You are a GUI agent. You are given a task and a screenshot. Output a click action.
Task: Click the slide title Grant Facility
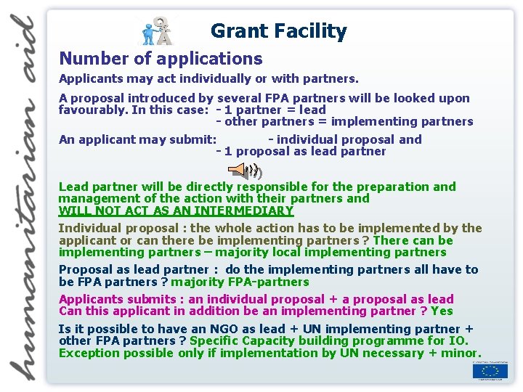click(x=278, y=31)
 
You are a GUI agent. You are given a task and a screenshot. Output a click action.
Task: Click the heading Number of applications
click(x=161, y=59)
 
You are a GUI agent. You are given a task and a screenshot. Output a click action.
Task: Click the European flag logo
click(x=490, y=371)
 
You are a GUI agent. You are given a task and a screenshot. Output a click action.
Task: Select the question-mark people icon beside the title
click(x=157, y=30)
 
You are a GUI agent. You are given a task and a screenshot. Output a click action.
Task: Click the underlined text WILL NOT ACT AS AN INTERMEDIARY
click(x=176, y=211)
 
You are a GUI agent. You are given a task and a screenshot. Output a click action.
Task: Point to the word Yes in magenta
click(x=442, y=311)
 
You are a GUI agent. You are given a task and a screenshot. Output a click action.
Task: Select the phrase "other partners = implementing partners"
click(x=349, y=121)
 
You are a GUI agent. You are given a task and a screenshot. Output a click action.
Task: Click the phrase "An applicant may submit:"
click(x=137, y=139)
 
